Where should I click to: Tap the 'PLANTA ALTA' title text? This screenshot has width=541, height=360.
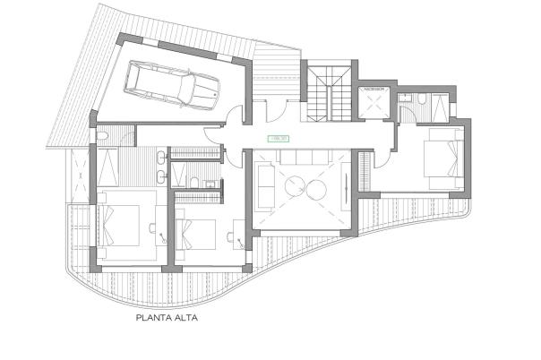coord(166,317)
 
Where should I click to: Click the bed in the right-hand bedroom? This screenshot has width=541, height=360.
coord(440,159)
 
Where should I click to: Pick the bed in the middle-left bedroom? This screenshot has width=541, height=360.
coord(199,235)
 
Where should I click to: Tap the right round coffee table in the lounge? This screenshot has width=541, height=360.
coord(318,188)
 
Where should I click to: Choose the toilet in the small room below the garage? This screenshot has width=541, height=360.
coord(103,136)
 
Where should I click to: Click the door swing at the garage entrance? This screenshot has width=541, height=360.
coord(235,116)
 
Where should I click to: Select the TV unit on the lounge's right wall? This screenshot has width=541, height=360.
coord(348,189)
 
